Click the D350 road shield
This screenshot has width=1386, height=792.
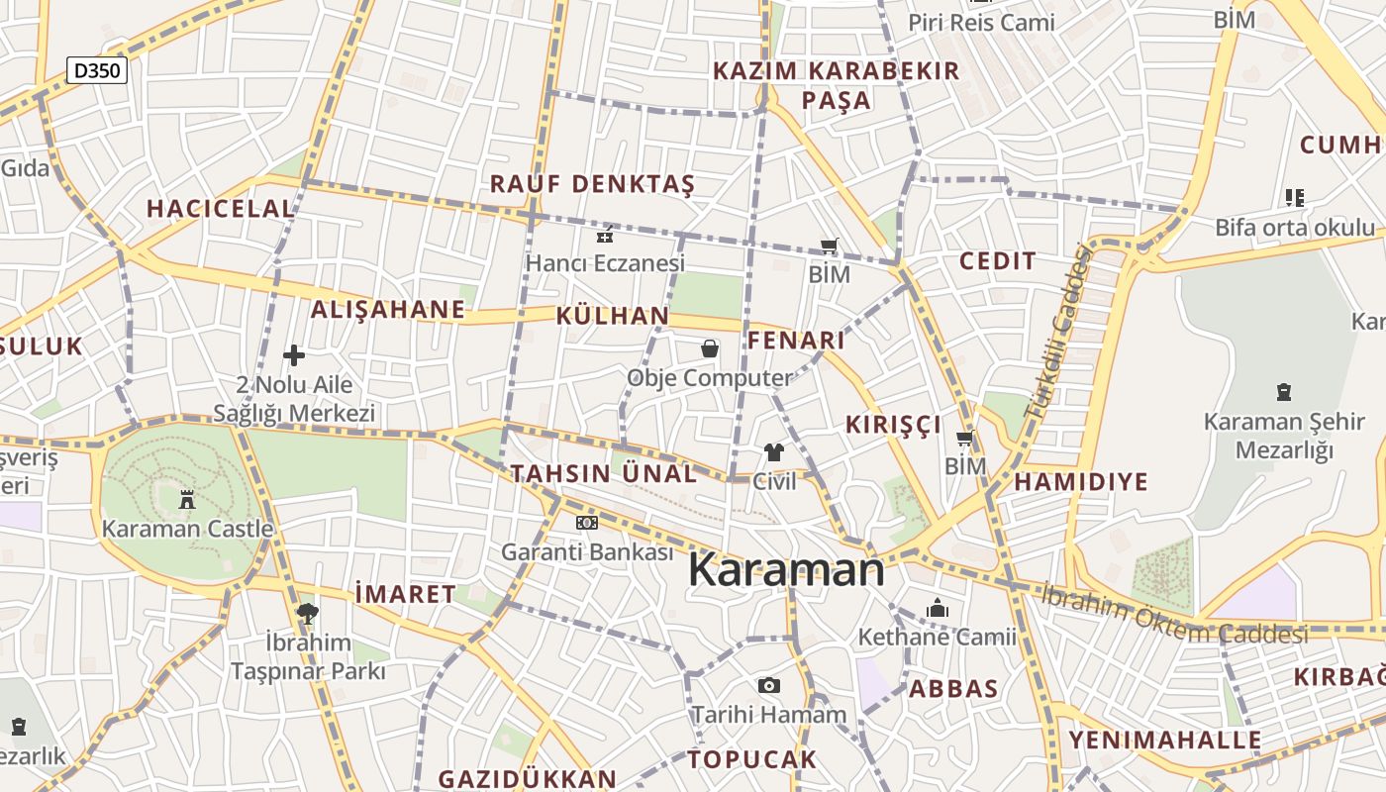(x=97, y=70)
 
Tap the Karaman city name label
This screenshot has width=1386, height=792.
(x=786, y=570)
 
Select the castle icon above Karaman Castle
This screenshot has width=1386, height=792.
(x=187, y=499)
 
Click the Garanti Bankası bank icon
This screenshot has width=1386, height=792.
(x=587, y=523)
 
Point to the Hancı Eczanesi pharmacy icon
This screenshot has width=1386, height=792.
(x=605, y=236)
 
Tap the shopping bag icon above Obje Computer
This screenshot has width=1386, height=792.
(x=710, y=348)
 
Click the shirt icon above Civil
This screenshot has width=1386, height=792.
(x=774, y=452)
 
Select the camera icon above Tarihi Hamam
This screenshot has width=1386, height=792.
(x=768, y=685)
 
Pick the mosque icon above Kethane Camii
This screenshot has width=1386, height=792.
(x=937, y=607)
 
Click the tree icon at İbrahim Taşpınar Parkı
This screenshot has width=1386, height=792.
(x=307, y=613)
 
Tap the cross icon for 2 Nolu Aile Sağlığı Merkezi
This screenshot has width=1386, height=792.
(x=294, y=354)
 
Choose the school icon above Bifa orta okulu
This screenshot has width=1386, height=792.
(x=1294, y=198)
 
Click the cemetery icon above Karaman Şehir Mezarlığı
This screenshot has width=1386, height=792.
(x=1284, y=392)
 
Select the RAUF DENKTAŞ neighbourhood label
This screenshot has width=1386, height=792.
(x=592, y=184)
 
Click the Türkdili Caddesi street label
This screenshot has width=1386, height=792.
(x=1056, y=332)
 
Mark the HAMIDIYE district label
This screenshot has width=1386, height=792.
(x=1081, y=482)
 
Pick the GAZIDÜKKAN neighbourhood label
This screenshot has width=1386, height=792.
(x=527, y=778)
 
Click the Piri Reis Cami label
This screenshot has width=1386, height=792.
(x=982, y=22)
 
